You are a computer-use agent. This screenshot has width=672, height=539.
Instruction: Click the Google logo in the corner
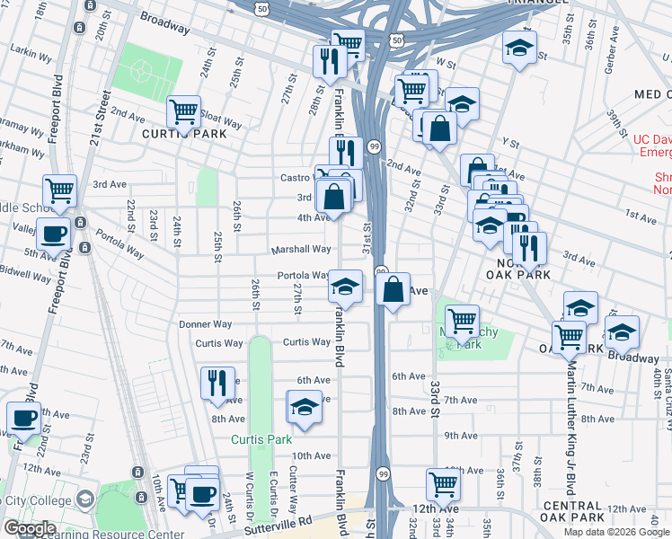[31, 528]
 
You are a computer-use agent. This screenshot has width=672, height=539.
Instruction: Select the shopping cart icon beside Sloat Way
[183, 112]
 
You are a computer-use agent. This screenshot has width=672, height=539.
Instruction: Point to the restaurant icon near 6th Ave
[217, 384]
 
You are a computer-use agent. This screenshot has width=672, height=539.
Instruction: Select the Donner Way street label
[206, 324]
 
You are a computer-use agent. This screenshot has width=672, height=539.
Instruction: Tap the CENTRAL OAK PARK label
[573, 511]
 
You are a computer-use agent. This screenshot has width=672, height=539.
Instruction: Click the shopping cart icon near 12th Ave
[444, 484]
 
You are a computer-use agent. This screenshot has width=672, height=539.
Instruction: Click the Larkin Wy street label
[32, 57]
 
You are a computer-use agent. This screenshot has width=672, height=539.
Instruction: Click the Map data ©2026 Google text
[615, 532]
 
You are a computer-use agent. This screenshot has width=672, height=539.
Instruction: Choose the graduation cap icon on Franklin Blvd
[346, 287]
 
